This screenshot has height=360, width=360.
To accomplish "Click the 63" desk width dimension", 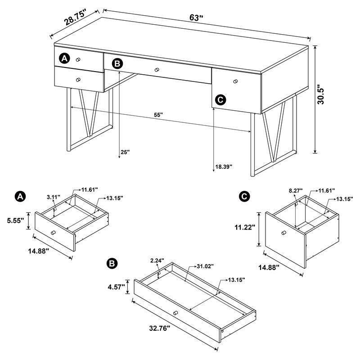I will coord(197,18).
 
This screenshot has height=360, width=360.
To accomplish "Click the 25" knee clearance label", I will coord(125,153).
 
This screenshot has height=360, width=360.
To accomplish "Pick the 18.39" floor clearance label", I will coord(224,166).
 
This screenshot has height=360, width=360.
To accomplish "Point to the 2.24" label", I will coord(157,260).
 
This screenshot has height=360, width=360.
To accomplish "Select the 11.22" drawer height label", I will coord(245,228).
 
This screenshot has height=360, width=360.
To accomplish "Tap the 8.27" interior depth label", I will coord(295,191).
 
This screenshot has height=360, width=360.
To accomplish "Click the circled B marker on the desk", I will coord(117,64).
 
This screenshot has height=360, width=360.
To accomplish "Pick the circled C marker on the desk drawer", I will coord(220,99).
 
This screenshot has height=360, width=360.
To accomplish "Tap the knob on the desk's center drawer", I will coord(157,69).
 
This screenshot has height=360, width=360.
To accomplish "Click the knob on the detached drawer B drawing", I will coord(175,313).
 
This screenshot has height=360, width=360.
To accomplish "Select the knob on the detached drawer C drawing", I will coord(283,232).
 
